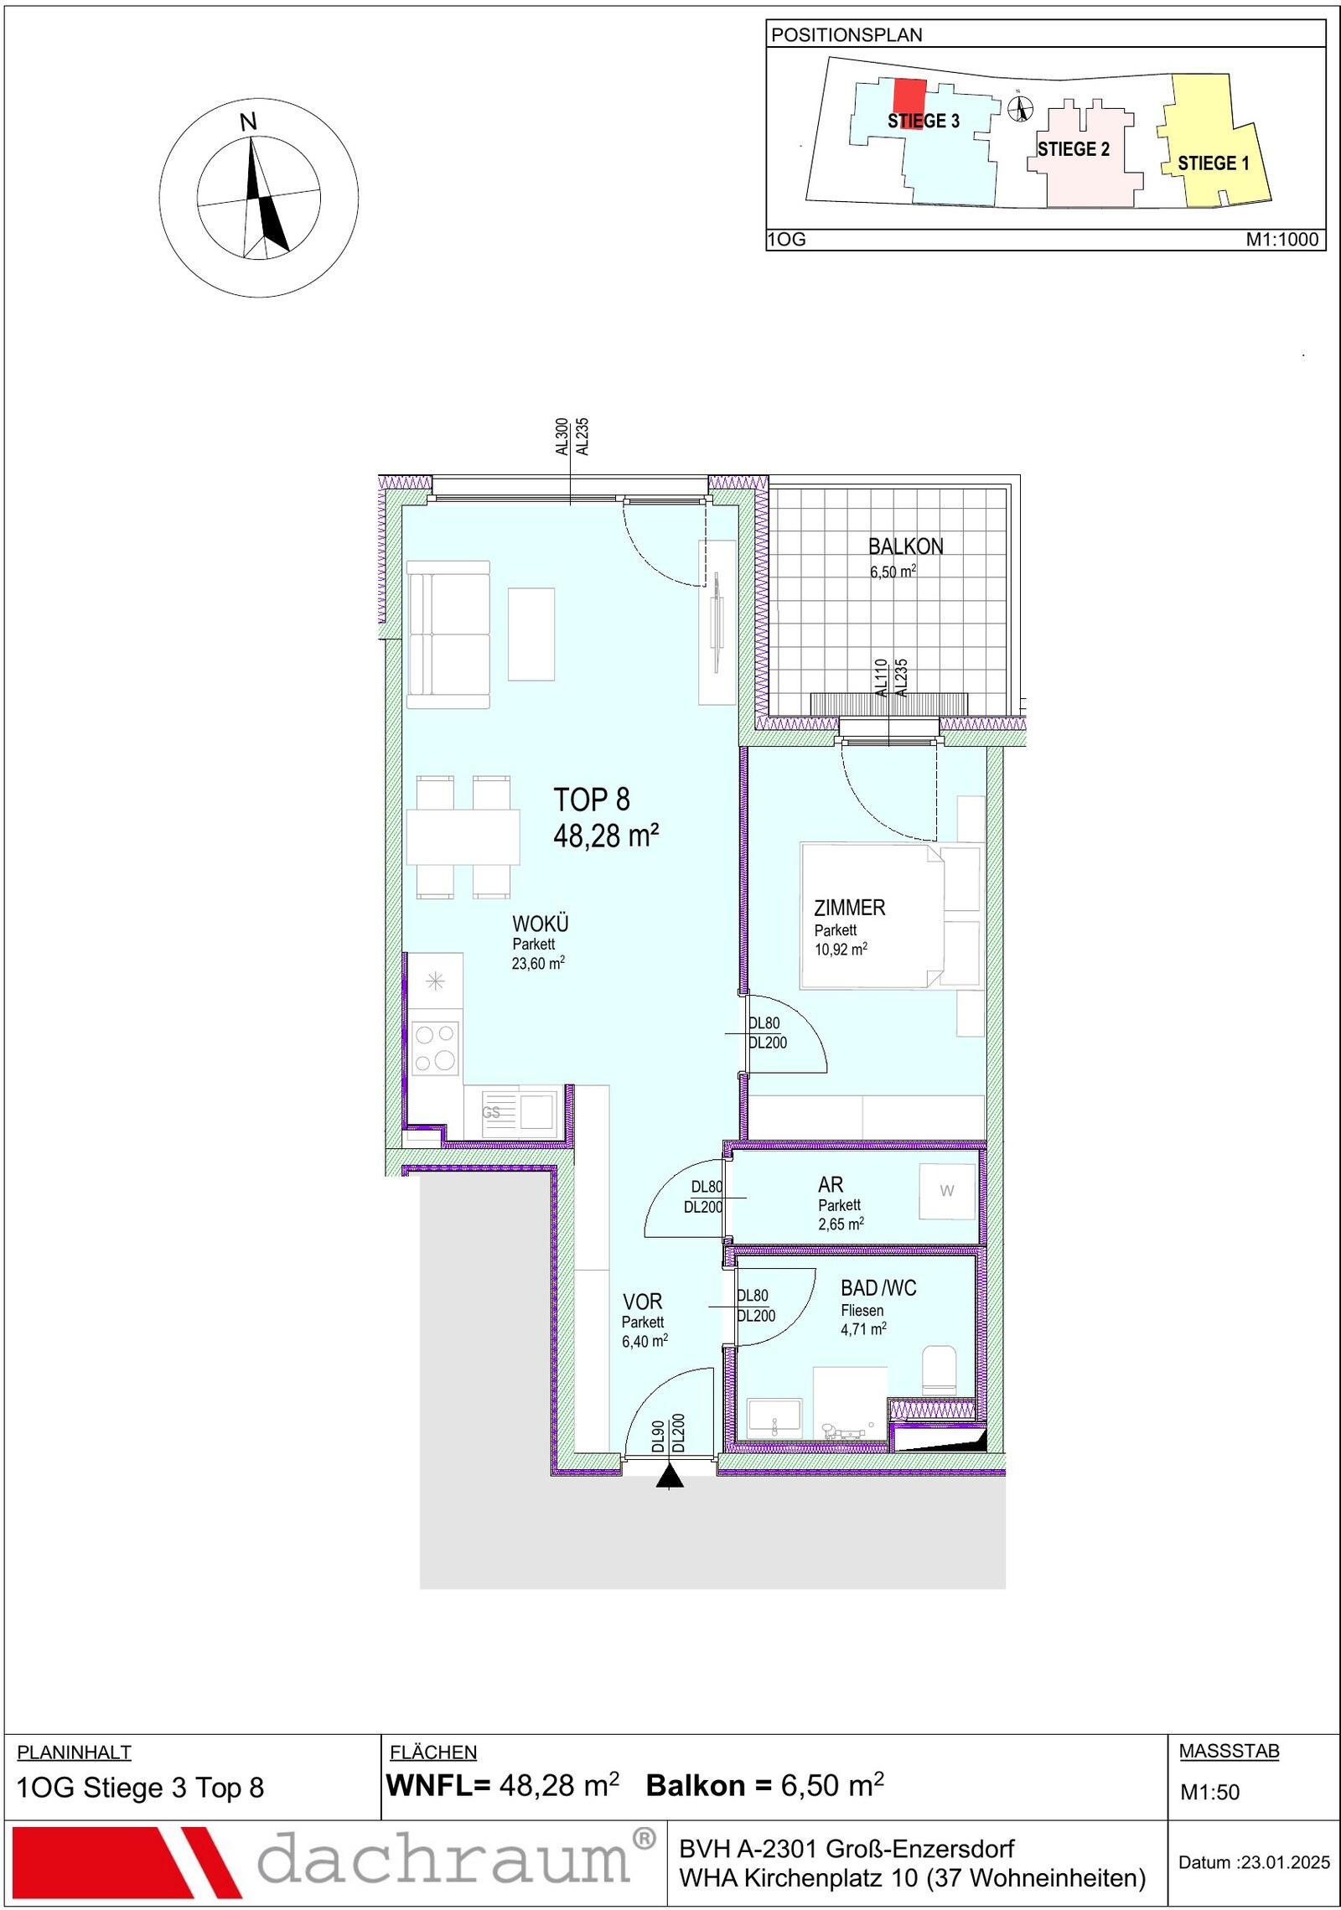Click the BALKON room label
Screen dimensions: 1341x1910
pyautogui.click(x=905, y=546)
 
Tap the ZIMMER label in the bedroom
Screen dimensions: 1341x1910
pyautogui.click(x=849, y=908)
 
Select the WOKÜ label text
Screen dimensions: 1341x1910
pyautogui.click(x=540, y=924)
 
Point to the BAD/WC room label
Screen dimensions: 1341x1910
pyautogui.click(x=878, y=1288)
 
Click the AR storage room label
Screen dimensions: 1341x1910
pyautogui.click(x=831, y=1184)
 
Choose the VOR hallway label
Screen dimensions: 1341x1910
pyautogui.click(x=642, y=1302)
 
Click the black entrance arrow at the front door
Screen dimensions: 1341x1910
pyautogui.click(x=670, y=1477)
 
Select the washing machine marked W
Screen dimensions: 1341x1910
pyautogui.click(x=948, y=1191)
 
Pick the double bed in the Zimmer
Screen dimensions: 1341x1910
pyautogui.click(x=872, y=916)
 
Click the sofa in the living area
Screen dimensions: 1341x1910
pyautogui.click(x=448, y=634)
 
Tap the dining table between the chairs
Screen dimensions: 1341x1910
pyautogui.click(x=463, y=836)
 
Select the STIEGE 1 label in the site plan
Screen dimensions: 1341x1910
pyautogui.click(x=1213, y=163)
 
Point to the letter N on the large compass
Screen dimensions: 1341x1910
pyautogui.click(x=248, y=122)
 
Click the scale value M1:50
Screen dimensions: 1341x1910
pyautogui.click(x=1209, y=1792)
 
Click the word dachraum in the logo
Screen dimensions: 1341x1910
pyautogui.click(x=443, y=1860)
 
